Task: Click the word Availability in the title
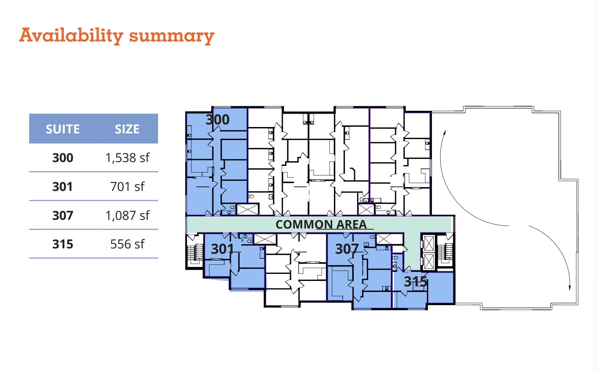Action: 71,35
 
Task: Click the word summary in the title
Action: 171,36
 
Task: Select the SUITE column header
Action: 63,129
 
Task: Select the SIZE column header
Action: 127,129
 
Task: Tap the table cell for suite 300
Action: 63,158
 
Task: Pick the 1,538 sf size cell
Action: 127,158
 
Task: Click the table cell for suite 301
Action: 63,187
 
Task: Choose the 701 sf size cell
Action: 127,187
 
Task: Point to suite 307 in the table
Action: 63,215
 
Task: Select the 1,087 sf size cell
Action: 127,215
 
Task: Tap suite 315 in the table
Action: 63,244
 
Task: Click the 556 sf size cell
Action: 127,244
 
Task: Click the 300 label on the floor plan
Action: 217,120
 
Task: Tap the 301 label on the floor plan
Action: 222,249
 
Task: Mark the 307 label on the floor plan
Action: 347,249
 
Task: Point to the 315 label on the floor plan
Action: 415,282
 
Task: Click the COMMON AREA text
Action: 321,224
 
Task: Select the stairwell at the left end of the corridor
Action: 195,252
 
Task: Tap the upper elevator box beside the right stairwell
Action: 429,243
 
